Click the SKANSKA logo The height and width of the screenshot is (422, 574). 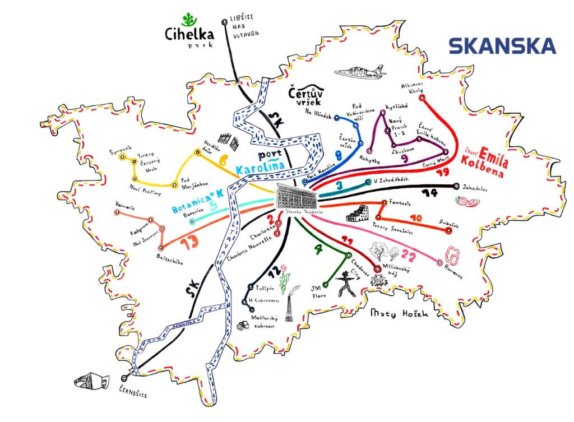502,46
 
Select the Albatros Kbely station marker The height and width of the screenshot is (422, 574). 423,98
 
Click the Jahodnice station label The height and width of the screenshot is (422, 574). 475,189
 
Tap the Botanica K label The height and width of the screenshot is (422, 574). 197,201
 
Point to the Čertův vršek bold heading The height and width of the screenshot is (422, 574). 306,96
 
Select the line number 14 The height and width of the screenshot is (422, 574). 430,193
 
